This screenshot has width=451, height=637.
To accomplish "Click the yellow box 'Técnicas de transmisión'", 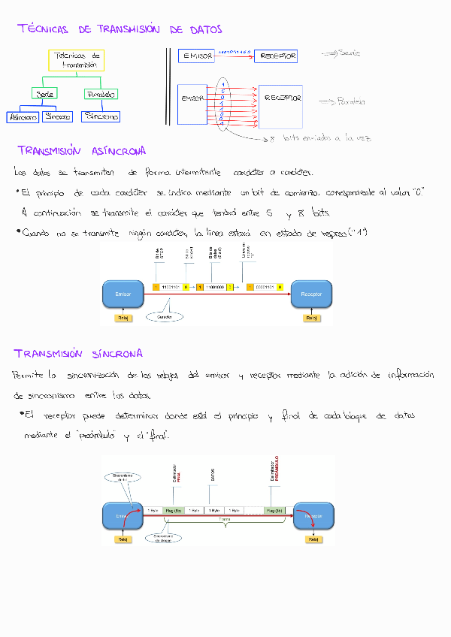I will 77,61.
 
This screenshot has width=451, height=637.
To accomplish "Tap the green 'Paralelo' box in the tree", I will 101,94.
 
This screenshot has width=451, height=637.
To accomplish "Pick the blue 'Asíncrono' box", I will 22,117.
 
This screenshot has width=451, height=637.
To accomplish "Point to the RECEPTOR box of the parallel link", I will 281,98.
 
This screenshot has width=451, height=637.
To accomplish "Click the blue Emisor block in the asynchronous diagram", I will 123,294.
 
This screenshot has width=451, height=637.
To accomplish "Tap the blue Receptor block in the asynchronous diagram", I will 310,294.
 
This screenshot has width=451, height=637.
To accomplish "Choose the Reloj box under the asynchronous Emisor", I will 122,318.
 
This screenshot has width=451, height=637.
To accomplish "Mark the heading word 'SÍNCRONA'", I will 113,353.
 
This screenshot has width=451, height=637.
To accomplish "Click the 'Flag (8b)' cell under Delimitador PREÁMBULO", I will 274,510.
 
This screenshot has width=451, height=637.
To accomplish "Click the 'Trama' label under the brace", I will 224,518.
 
